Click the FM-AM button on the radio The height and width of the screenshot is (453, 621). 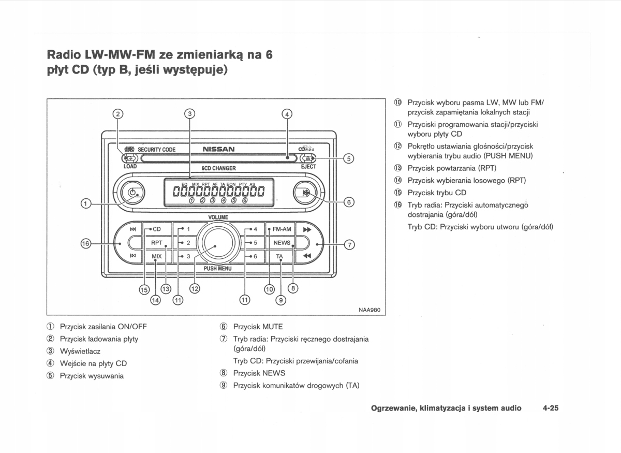tap(282, 229)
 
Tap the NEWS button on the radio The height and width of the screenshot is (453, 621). tap(282, 242)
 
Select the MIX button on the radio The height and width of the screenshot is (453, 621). tap(156, 256)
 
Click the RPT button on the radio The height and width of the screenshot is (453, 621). tap(156, 242)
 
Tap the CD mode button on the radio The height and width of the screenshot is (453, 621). tap(156, 229)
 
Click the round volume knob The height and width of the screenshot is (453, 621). tap(218, 242)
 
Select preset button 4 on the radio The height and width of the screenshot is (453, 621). tap(253, 229)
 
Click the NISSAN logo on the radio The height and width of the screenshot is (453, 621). tap(218, 149)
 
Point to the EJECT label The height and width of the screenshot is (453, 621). tap(308, 167)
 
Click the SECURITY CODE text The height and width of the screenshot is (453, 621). tap(156, 150)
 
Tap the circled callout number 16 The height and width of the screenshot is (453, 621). tap(86, 243)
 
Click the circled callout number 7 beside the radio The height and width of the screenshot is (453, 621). tap(350, 244)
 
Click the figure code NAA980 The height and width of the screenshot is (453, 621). tap(369, 310)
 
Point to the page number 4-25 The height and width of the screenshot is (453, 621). tap(551, 408)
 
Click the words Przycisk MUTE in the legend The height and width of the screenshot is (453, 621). tap(258, 327)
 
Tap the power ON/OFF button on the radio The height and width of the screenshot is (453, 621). tap(132, 193)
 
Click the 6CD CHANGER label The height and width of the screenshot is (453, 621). tap(218, 168)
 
